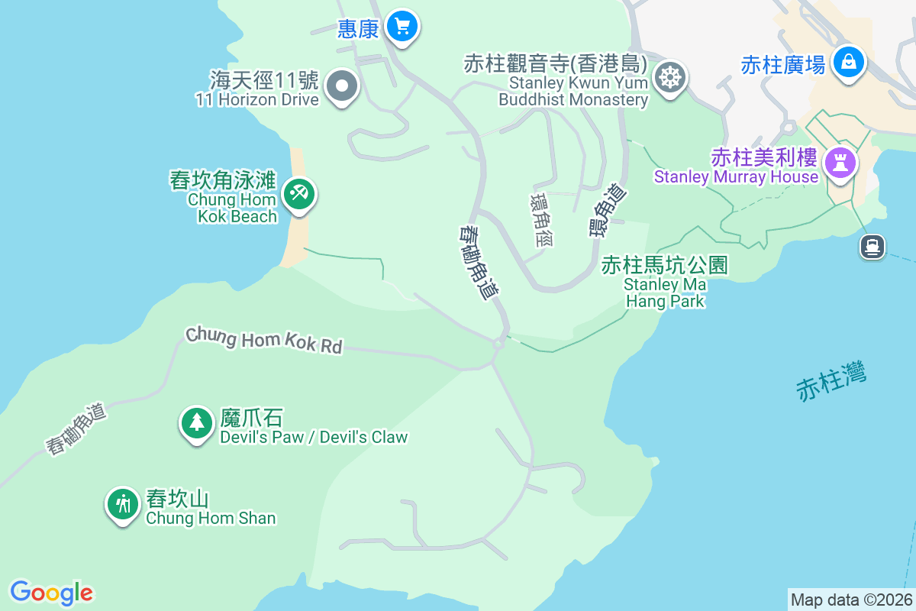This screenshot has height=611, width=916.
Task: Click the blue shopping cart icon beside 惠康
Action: (x=402, y=27)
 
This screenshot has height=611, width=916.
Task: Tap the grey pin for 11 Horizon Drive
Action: (x=342, y=86)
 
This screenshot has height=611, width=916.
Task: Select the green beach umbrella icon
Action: (x=298, y=193)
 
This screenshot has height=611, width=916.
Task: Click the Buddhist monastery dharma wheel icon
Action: (x=669, y=76)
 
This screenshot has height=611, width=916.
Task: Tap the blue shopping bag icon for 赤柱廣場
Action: (x=848, y=62)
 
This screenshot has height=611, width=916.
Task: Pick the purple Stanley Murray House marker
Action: (x=840, y=162)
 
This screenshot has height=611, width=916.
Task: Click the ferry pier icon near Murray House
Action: (x=872, y=246)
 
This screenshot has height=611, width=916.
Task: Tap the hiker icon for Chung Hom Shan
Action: (x=122, y=504)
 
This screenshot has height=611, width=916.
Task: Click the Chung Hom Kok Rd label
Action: (x=264, y=340)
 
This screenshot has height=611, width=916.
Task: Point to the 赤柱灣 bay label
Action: (x=831, y=383)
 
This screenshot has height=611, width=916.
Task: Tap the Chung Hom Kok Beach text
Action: (x=233, y=208)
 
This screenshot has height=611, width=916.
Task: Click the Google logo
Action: (x=51, y=593)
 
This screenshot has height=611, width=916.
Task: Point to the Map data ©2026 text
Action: (x=850, y=600)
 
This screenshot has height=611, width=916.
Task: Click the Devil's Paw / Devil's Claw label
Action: (x=314, y=437)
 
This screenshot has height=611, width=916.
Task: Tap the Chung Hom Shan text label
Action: (x=211, y=518)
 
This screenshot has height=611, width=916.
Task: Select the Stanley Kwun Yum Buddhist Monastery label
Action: (x=573, y=91)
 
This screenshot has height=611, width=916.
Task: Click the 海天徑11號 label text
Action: (x=264, y=79)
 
